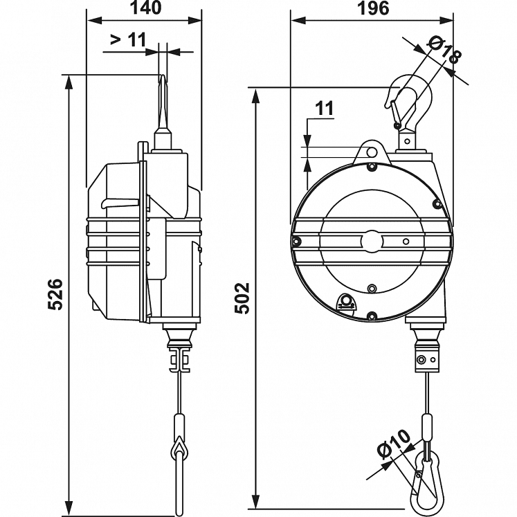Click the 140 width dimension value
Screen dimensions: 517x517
click(144, 8)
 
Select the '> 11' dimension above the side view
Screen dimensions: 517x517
click(128, 40)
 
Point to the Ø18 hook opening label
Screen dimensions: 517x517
click(444, 51)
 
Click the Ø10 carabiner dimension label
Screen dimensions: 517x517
click(394, 445)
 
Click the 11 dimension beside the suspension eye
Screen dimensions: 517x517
click(324, 108)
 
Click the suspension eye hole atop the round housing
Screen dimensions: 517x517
click(372, 151)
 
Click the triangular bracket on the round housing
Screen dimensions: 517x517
click(345, 302)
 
